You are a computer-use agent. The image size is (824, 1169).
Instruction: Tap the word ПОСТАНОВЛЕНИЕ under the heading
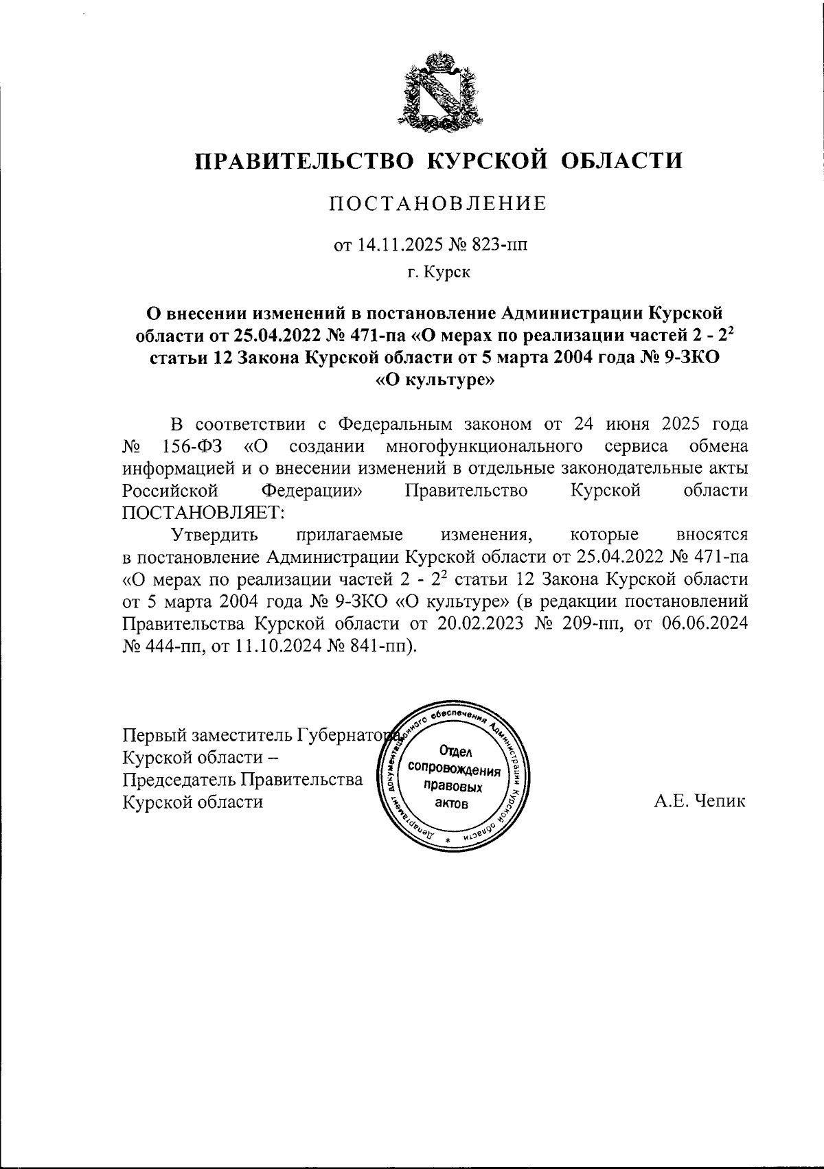[438, 204]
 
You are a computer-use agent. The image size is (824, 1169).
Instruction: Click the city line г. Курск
[438, 273]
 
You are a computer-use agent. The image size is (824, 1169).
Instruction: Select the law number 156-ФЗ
[192, 446]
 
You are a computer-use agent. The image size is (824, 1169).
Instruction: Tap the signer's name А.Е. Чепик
[700, 801]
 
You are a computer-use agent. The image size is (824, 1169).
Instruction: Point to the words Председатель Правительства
[242, 779]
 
